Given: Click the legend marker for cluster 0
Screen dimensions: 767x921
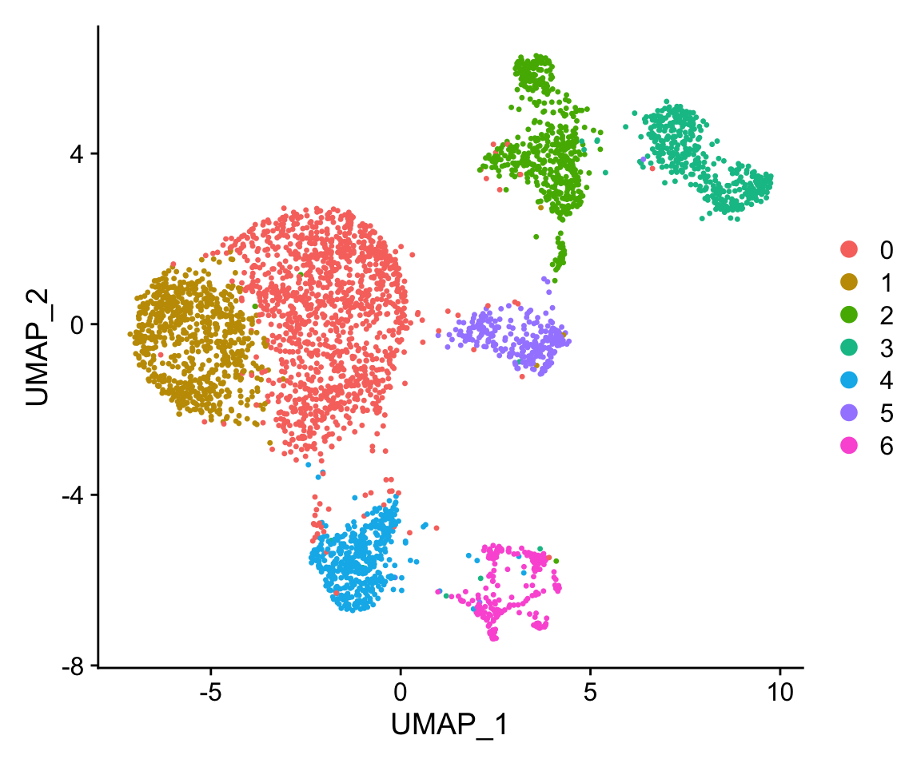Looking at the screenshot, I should coord(849,249).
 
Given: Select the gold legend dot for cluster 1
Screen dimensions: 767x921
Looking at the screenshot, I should coord(849,282).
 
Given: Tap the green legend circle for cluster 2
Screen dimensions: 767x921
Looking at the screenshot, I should coord(849,315).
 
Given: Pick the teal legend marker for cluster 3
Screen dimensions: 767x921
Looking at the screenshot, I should coord(849,348).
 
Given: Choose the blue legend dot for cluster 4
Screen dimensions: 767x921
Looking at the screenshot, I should coord(849,380).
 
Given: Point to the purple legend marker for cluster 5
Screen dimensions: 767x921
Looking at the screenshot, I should coord(849,413).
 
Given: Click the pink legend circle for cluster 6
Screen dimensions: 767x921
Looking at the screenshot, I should coord(849,446).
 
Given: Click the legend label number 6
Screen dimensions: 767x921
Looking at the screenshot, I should coord(886,446).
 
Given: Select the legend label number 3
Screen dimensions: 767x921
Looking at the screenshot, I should coord(886,348).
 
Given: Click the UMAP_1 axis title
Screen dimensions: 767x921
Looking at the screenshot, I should coord(449,725).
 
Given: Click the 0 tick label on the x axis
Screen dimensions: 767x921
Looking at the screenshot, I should coord(401,690).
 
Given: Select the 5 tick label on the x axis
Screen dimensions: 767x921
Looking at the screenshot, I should coord(590,690).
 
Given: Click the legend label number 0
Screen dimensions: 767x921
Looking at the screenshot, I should coord(886,249).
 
